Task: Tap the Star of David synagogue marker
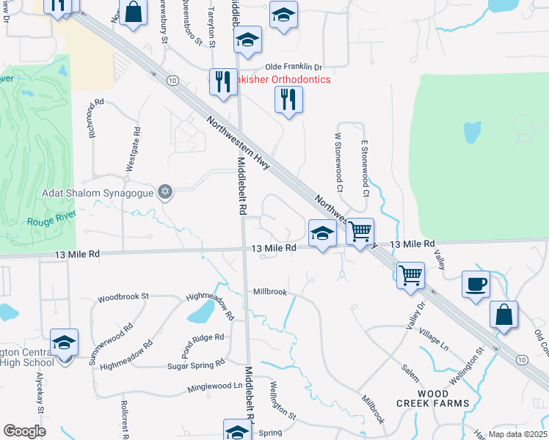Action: coord(166,192)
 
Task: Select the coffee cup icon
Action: coord(476,283)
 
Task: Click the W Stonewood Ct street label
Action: coord(339,155)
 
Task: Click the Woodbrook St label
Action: coord(123,297)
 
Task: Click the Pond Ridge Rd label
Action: coord(199,338)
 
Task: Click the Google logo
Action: coord(24,431)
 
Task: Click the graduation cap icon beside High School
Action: coord(64,342)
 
